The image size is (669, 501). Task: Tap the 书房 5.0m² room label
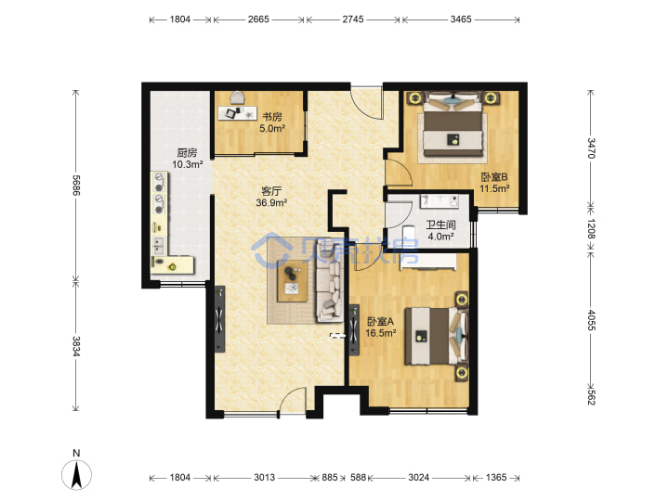(x=271, y=122)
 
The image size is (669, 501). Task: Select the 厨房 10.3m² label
(x=187, y=158)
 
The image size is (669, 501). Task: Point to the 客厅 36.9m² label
(x=271, y=197)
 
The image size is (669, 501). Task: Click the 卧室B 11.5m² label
(x=494, y=183)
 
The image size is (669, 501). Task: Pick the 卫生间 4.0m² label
(x=440, y=230)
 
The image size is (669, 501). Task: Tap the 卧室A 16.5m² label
(x=381, y=327)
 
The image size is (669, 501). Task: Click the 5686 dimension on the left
(x=76, y=185)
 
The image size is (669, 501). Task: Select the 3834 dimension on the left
(x=76, y=346)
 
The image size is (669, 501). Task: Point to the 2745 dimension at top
(x=353, y=19)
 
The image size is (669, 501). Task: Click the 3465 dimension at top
(x=461, y=19)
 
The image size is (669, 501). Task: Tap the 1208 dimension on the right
(x=591, y=228)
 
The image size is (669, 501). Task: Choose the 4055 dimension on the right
(x=591, y=319)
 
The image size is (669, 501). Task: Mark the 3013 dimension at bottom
(x=265, y=477)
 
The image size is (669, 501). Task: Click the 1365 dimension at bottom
(x=496, y=477)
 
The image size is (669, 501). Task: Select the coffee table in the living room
(x=293, y=281)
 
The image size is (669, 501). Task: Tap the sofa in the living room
(x=329, y=279)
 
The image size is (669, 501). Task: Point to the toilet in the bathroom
(x=409, y=236)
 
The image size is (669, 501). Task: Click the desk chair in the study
(x=238, y=97)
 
